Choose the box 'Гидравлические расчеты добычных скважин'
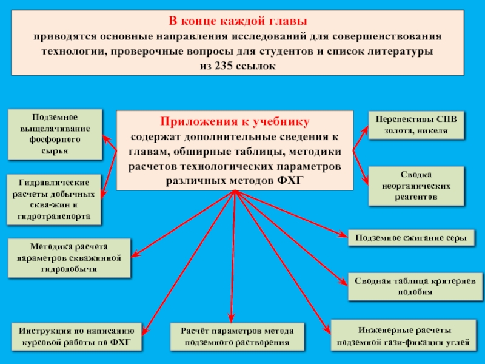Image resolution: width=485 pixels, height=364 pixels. [x=55, y=199]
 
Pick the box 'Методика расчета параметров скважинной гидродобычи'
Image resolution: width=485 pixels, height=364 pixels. [x=69, y=258]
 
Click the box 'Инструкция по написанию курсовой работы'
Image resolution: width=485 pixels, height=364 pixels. [x=77, y=337]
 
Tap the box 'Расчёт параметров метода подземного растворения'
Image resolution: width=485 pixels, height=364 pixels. [x=237, y=337]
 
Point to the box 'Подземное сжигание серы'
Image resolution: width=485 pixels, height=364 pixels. [x=410, y=238]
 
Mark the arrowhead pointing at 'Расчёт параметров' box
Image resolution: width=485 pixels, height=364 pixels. [x=231, y=319]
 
